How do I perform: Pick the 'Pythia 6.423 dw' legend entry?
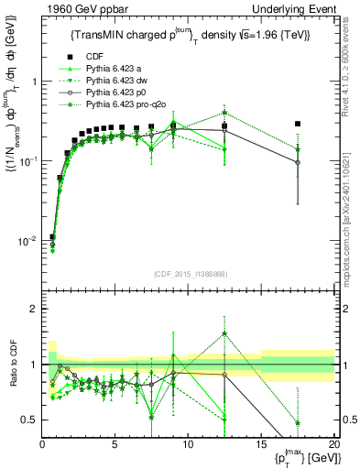118,81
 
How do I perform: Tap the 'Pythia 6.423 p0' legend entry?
117,93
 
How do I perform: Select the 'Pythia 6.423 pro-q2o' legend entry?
129,105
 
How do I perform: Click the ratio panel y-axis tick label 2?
33,309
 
